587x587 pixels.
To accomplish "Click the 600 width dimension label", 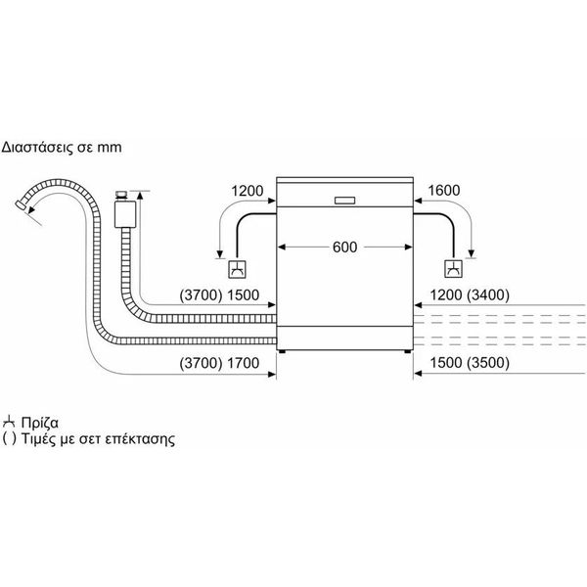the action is (x=344, y=248).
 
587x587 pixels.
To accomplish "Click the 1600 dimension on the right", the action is (x=443, y=191).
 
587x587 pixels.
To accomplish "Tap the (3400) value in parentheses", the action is (x=488, y=295).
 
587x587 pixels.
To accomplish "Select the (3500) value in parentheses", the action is (x=488, y=363).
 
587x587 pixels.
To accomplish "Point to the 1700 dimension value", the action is (x=244, y=363).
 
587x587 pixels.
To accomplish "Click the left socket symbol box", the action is (x=238, y=269).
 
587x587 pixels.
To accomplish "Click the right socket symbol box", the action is (x=453, y=269).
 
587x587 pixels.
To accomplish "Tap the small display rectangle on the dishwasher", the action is (x=344, y=201).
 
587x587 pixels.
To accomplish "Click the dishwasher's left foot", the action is (x=282, y=352).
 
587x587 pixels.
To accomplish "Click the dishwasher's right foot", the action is (x=407, y=352).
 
